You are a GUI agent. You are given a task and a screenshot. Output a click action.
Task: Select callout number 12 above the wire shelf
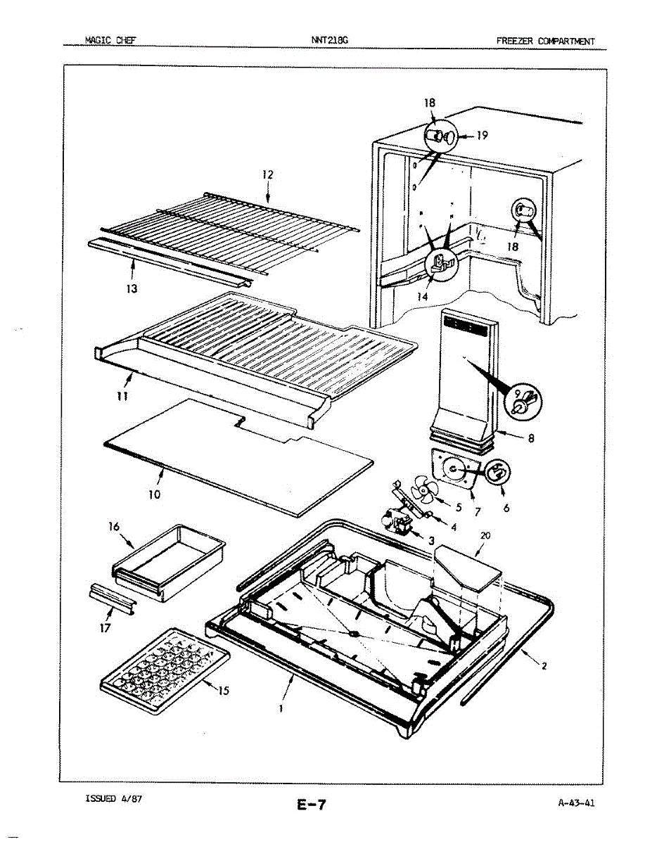pyautogui.click(x=267, y=174)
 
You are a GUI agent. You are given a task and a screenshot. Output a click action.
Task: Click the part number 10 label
pyautogui.click(x=155, y=494)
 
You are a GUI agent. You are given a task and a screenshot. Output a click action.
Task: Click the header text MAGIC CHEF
pyautogui.click(x=110, y=41)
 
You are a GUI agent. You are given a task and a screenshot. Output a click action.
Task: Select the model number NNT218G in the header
pyautogui.click(x=329, y=41)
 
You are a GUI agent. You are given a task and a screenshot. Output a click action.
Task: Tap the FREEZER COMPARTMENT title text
pyautogui.click(x=545, y=41)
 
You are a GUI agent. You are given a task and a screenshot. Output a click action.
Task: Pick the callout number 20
pyautogui.click(x=485, y=536)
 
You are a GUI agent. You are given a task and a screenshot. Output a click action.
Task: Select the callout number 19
pyautogui.click(x=482, y=136)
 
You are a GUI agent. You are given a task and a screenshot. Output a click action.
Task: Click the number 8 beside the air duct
pyautogui.click(x=531, y=438)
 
